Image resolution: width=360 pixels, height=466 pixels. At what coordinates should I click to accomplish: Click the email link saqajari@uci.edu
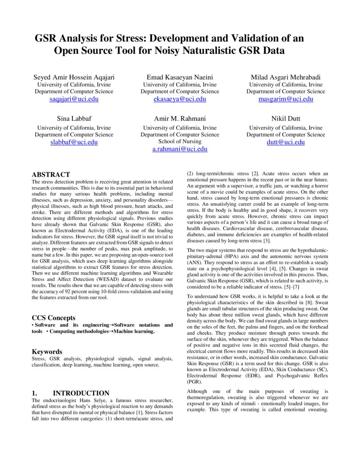point(74,99)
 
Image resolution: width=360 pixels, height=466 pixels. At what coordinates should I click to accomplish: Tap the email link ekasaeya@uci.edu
point(180,99)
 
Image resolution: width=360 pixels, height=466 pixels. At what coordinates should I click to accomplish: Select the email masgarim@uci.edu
point(286,99)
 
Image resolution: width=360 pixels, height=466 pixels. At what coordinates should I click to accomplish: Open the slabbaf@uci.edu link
point(74,142)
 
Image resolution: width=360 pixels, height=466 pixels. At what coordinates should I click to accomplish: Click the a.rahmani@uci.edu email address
point(180,149)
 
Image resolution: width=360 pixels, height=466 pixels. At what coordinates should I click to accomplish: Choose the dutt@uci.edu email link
point(286,142)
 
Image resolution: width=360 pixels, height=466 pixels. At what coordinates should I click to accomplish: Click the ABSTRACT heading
point(51,175)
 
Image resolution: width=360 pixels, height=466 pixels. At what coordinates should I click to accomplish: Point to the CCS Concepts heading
point(54,318)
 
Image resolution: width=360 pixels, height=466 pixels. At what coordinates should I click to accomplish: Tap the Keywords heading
point(47,352)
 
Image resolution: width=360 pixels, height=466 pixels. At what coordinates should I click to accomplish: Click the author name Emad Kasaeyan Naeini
point(180,77)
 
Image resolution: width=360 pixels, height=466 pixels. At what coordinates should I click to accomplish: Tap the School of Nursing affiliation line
point(180,141)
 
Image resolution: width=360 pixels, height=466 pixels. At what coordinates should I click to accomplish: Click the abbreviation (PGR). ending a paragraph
point(194,381)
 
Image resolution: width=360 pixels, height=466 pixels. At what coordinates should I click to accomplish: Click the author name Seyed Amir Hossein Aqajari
point(74,77)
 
